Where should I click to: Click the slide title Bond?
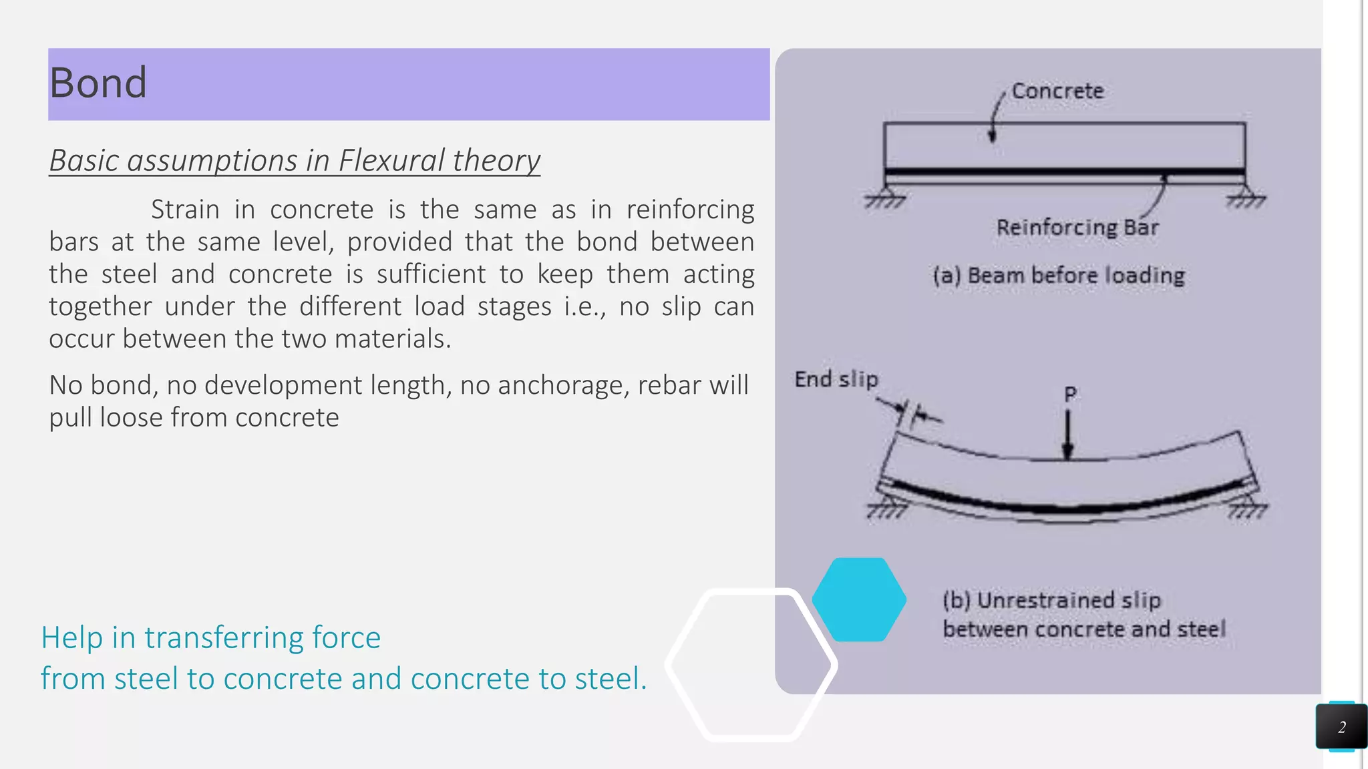[98, 83]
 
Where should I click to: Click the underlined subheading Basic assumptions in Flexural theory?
[295, 161]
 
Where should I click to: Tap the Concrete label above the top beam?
[1057, 91]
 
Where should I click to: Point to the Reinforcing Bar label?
[1077, 228]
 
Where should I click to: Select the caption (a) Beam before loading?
[1059, 275]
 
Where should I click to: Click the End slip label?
[836, 379]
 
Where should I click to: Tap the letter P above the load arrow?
[1070, 395]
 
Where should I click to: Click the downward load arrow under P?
[1068, 434]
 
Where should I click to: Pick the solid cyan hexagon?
[859, 599]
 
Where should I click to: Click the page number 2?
[1341, 727]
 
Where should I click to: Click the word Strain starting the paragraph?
[185, 210]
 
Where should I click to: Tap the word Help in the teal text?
[71, 637]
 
